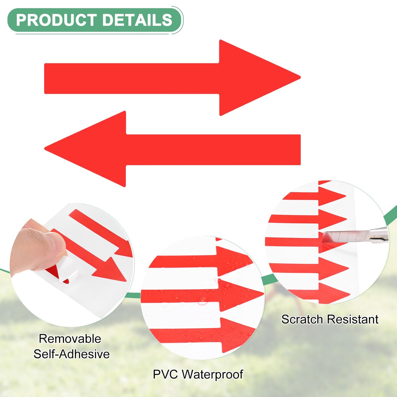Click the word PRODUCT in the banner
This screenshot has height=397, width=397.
(x=56, y=20)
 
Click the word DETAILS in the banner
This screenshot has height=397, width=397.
(x=137, y=20)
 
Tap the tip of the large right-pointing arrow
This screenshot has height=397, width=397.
(x=300, y=78)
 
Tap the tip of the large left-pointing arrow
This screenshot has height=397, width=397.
(x=45, y=149)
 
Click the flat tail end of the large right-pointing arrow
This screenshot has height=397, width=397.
(x=45, y=79)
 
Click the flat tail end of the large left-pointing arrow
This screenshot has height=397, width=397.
(x=300, y=150)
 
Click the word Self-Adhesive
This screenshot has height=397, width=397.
(x=71, y=354)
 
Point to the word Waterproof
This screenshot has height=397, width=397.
(x=212, y=374)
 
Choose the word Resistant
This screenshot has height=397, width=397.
(x=352, y=319)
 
